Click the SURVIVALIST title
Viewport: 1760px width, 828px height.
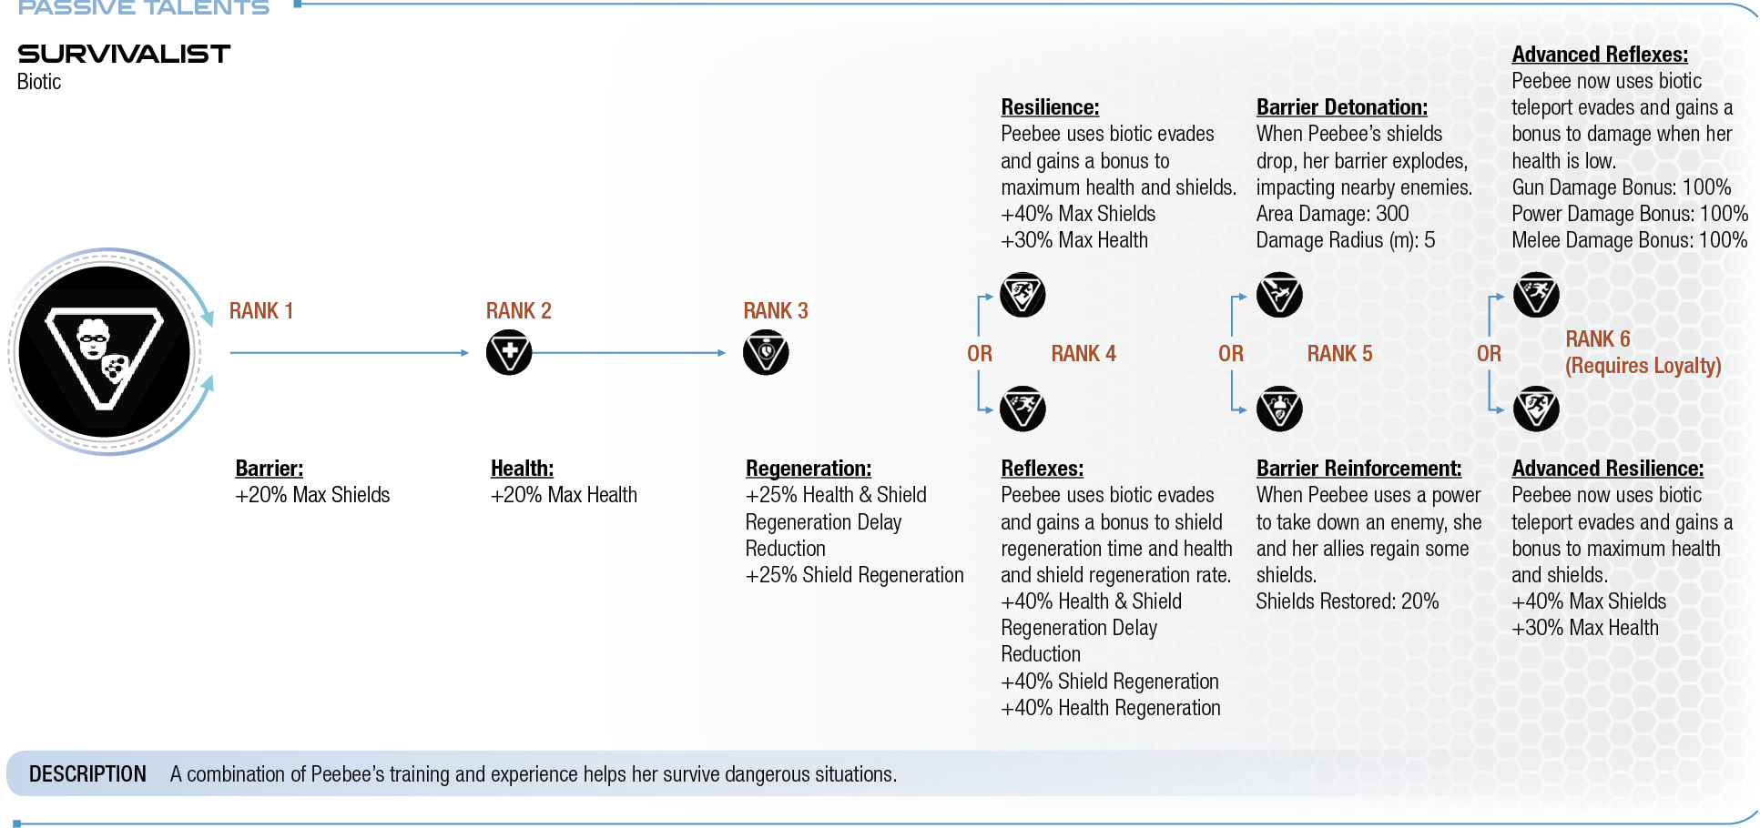(124, 54)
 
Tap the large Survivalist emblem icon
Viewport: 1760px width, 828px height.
(105, 352)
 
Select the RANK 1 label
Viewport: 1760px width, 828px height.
(261, 311)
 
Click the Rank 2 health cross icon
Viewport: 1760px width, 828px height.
(509, 353)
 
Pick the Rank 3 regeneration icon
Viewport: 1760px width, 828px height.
(766, 353)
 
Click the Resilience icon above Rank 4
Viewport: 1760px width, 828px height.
(1022, 295)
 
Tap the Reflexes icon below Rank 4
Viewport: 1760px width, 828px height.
(1022, 409)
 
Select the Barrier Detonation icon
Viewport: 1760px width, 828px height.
(1279, 295)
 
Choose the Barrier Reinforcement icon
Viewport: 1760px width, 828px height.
(1279, 409)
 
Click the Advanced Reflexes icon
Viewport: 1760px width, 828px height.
(1536, 295)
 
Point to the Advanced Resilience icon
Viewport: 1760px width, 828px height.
(1536, 409)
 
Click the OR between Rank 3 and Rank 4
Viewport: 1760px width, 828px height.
(980, 354)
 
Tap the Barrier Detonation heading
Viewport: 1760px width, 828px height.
(1342, 107)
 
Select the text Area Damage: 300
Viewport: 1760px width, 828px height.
(1332, 214)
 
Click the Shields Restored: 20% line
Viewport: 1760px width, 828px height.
(1348, 601)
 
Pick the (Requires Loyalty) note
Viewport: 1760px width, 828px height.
(1643, 366)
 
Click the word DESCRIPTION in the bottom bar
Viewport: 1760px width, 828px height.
(87, 774)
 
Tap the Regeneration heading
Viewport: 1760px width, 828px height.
(809, 469)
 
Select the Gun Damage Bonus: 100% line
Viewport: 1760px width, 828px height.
(1622, 187)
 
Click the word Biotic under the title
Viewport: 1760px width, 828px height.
(39, 82)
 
